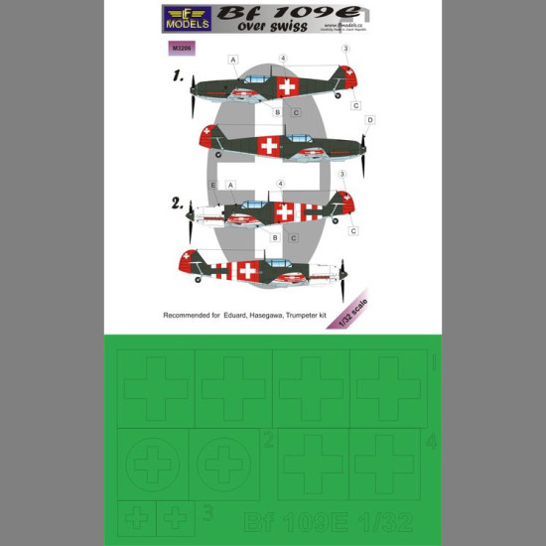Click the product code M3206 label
pos(180,46)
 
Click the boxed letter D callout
pos(369,120)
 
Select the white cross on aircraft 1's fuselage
pos(287,87)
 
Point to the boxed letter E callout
pos(212,185)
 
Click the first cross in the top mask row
pos(156,386)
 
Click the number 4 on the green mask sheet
pos(429,441)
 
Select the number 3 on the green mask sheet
pos(206,512)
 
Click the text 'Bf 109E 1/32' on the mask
pos(322,523)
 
